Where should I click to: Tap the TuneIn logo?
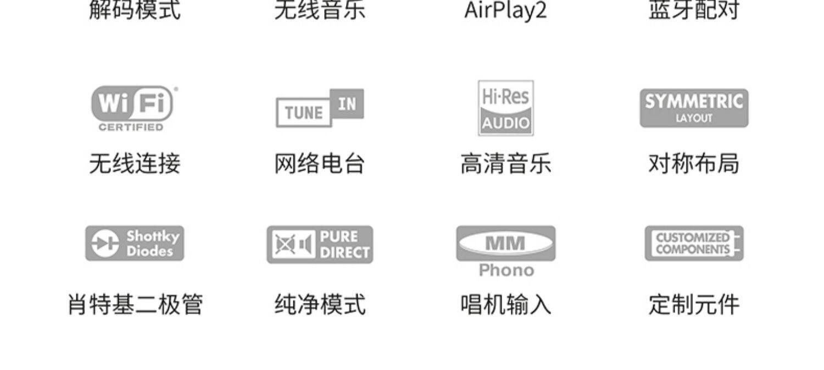(x=320, y=108)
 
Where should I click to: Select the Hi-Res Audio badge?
(x=505, y=108)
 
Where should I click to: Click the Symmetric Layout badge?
(x=694, y=108)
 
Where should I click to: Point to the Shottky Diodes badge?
(x=135, y=243)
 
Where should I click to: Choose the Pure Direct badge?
(x=320, y=245)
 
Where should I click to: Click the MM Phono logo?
(x=505, y=244)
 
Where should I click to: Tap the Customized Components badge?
(x=694, y=243)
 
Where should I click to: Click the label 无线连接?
(x=135, y=164)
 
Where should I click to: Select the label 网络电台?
(x=320, y=164)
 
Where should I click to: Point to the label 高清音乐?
(x=505, y=164)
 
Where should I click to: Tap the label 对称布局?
(x=694, y=164)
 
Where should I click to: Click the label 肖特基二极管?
(x=135, y=304)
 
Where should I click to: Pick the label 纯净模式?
(x=320, y=304)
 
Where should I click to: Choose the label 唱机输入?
(x=505, y=304)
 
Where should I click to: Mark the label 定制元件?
(x=694, y=304)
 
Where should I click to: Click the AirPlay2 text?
(x=505, y=10)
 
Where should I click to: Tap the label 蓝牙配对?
(x=694, y=10)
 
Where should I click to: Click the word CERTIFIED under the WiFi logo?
(x=131, y=128)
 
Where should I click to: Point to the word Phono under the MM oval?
(x=506, y=270)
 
